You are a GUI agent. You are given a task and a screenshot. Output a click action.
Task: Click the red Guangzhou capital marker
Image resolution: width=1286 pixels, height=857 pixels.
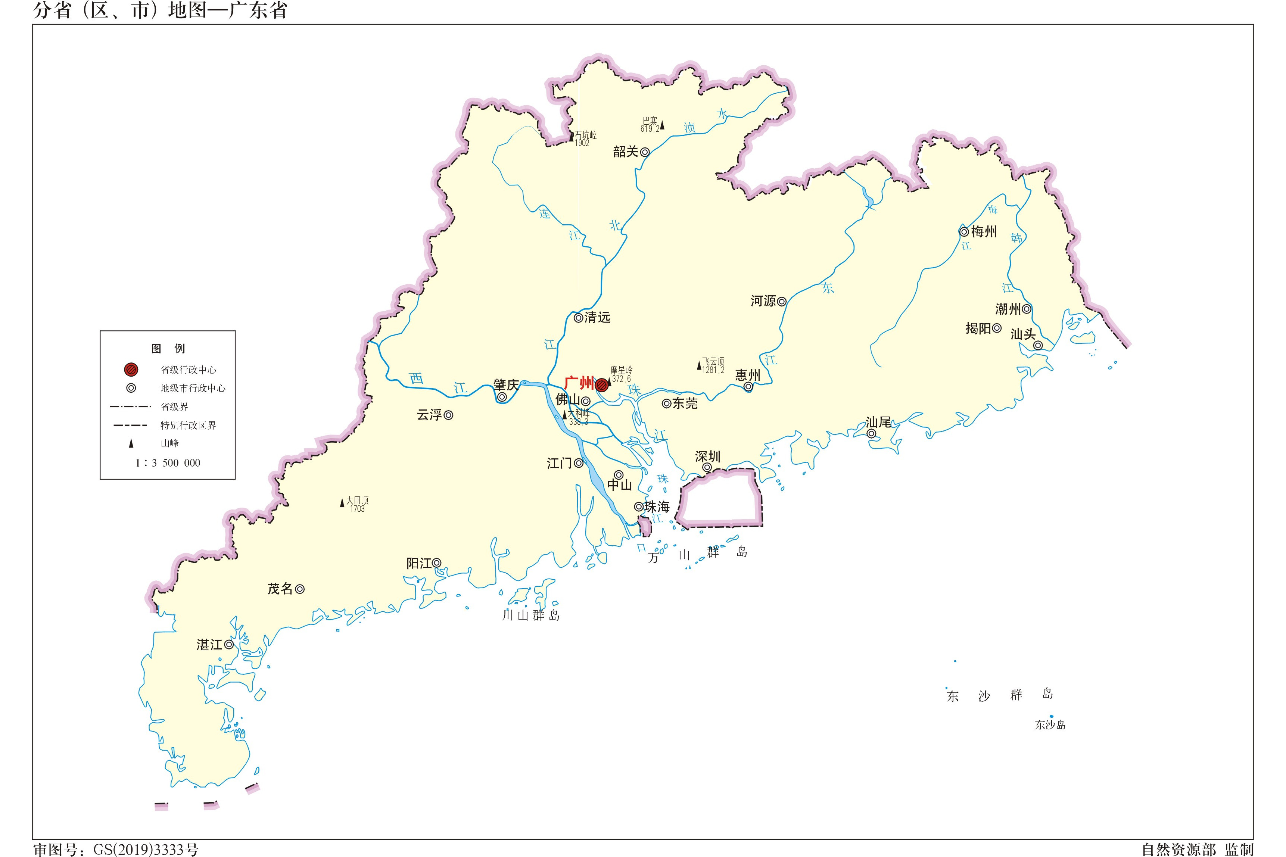602,385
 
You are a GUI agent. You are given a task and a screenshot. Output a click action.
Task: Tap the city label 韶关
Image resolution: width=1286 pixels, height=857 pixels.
625,152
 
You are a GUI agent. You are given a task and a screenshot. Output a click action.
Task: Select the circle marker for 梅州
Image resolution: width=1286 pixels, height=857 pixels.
964,232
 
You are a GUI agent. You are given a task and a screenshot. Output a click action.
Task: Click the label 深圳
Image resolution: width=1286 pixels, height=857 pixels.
707,456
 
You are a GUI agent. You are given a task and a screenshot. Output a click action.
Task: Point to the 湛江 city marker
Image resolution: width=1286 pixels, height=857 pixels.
229,645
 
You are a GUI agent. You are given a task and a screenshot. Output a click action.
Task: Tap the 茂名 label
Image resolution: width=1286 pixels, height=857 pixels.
280,589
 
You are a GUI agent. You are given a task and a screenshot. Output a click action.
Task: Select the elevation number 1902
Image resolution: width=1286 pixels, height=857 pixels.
582,143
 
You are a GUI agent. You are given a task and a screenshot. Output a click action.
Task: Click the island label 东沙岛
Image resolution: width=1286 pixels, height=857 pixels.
1050,725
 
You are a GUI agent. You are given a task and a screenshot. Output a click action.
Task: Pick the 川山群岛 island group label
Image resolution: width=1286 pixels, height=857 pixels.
531,616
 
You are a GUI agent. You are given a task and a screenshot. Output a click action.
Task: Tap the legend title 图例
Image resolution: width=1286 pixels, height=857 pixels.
168,349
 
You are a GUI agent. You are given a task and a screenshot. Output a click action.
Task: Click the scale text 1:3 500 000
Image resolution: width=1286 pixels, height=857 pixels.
168,463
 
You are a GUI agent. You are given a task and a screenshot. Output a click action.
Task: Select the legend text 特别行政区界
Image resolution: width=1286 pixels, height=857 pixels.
188,425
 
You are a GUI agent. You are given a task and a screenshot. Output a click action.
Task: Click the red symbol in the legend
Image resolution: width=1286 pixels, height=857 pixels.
131,370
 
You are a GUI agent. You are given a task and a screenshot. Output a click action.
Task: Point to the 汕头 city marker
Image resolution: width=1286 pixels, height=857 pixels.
1037,345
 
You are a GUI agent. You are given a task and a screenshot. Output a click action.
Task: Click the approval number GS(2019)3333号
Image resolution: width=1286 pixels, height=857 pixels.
146,850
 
